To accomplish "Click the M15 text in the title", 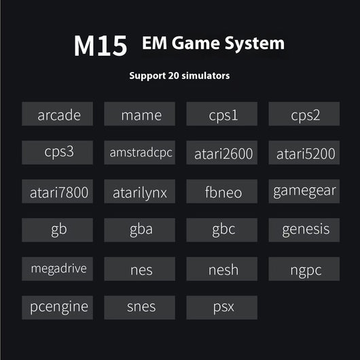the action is click(101, 46).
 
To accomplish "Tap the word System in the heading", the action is click(255, 43).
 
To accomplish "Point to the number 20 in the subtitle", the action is click(173, 75).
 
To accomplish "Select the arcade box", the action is click(58, 114).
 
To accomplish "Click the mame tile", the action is click(140, 114).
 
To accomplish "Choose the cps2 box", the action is click(304, 114).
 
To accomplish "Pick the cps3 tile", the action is click(58, 153).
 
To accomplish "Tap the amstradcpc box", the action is click(140, 153).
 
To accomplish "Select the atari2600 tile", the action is click(222, 153).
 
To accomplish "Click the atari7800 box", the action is click(58, 192).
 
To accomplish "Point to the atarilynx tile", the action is click(140, 192).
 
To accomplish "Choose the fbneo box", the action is click(222, 192).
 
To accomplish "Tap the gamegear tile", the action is click(304, 192).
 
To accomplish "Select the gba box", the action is click(140, 230).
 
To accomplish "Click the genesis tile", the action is click(304, 230).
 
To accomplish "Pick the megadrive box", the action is click(58, 269).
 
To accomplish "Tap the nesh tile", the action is click(222, 269).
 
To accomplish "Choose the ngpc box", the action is click(304, 269).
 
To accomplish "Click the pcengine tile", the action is click(58, 308).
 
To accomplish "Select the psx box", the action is click(222, 308).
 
